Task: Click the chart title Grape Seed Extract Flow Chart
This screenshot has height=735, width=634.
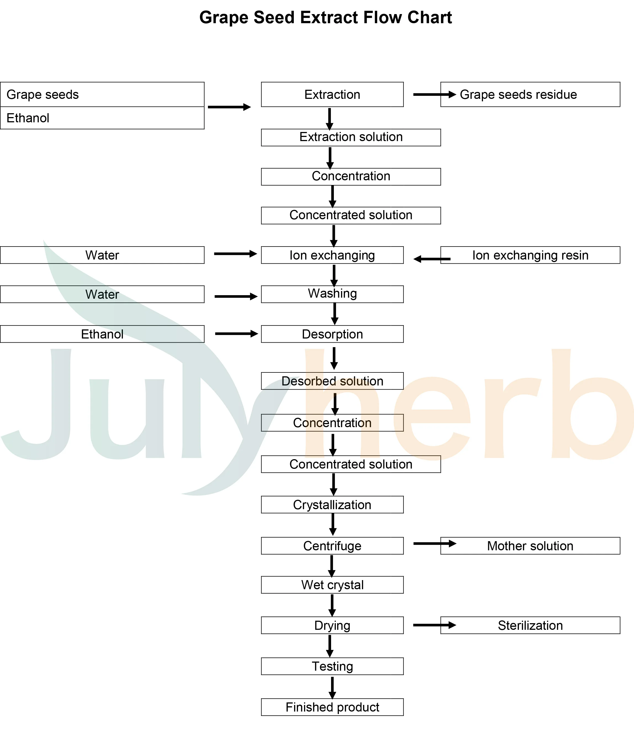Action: coord(325,17)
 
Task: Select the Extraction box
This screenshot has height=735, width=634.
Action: coord(332,94)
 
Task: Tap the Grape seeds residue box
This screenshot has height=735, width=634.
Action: coord(530,94)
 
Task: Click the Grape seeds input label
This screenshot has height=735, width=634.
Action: coord(43,94)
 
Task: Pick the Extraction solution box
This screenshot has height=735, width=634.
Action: coord(350,137)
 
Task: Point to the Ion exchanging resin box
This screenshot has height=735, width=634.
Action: coord(530,255)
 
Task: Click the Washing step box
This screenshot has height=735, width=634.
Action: coord(332,294)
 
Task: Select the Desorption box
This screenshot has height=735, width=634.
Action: coord(332,334)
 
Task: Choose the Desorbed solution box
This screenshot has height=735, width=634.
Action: coord(332,381)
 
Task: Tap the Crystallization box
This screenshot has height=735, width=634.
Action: coord(332,504)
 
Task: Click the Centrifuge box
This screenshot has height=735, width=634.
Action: coord(332,546)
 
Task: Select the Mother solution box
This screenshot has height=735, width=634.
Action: coord(530,546)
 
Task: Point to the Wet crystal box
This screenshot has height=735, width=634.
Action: coord(332,585)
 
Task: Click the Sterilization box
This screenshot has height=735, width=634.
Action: coord(530,625)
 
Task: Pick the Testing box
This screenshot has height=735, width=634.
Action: coord(332,666)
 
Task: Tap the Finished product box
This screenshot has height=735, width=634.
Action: coord(332,707)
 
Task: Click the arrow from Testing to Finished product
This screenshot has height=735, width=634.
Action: coord(332,688)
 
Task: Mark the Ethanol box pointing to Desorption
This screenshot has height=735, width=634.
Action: coord(102,334)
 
